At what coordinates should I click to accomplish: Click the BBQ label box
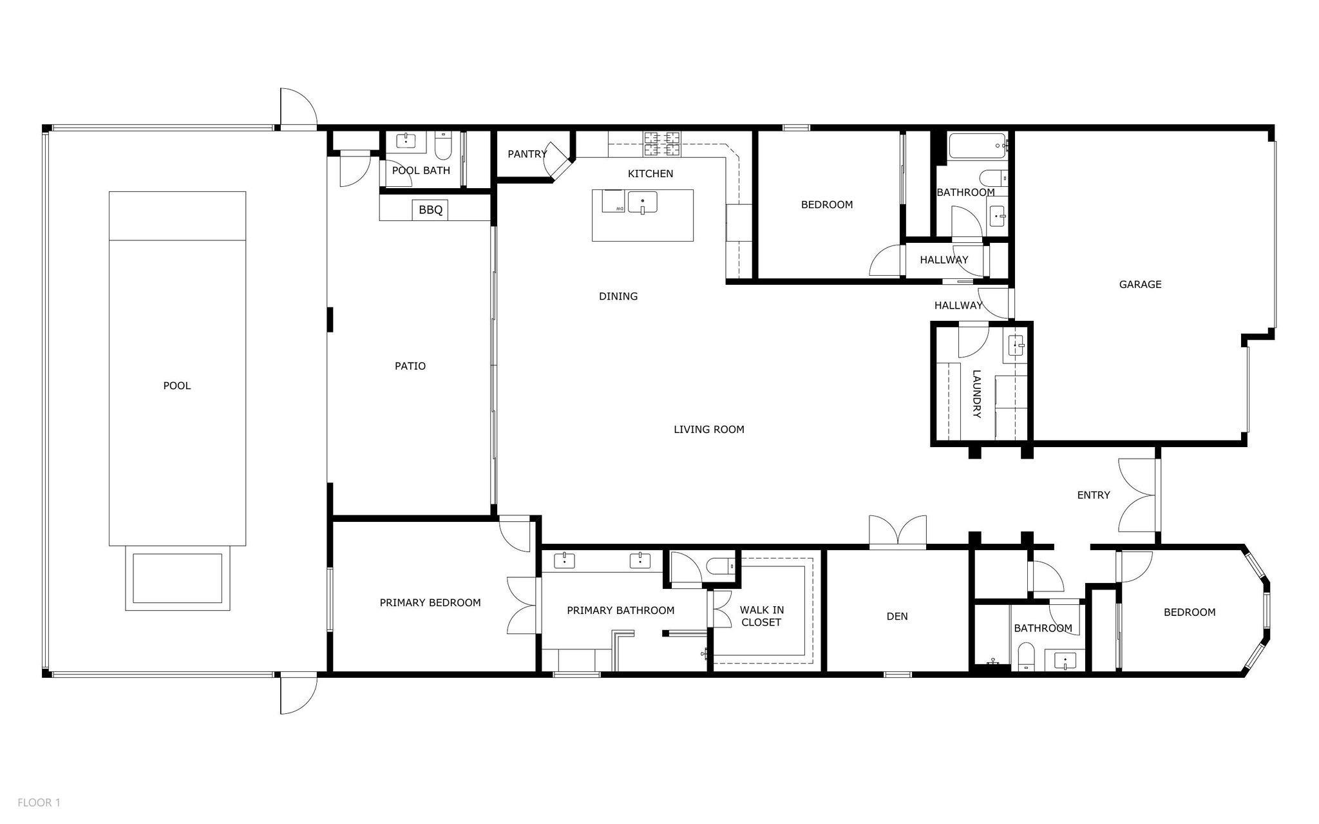pyautogui.click(x=430, y=210)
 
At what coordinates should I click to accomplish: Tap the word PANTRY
pyautogui.click(x=527, y=154)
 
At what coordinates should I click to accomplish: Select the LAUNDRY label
pyautogui.click(x=976, y=394)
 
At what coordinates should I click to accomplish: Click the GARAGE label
pyautogui.click(x=1140, y=284)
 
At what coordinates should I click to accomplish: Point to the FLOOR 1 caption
pyautogui.click(x=39, y=803)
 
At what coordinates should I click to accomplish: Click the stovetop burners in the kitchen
pyautogui.click(x=662, y=144)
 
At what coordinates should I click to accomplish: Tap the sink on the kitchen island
pyautogui.click(x=642, y=202)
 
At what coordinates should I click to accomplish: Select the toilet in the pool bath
pyautogui.click(x=443, y=147)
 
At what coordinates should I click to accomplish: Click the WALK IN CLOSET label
pyautogui.click(x=761, y=616)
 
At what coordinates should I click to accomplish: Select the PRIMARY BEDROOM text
pyautogui.click(x=430, y=603)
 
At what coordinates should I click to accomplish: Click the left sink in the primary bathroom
pyautogui.click(x=565, y=560)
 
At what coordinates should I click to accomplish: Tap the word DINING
pyautogui.click(x=618, y=296)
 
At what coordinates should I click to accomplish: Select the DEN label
pyautogui.click(x=897, y=617)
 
